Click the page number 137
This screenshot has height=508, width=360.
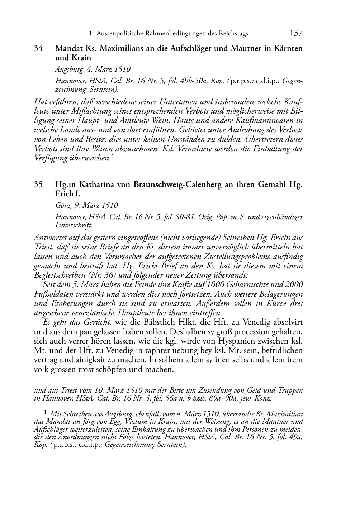point(296,33)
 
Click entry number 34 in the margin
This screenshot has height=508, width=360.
point(39,48)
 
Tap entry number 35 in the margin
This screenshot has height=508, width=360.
point(39,185)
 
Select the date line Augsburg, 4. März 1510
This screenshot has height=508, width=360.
point(93,69)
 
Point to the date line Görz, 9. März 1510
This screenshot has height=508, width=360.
point(86,206)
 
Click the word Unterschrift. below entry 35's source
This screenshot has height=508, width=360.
point(74,225)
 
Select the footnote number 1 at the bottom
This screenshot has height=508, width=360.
point(46,412)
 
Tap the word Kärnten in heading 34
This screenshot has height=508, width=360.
point(289,48)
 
